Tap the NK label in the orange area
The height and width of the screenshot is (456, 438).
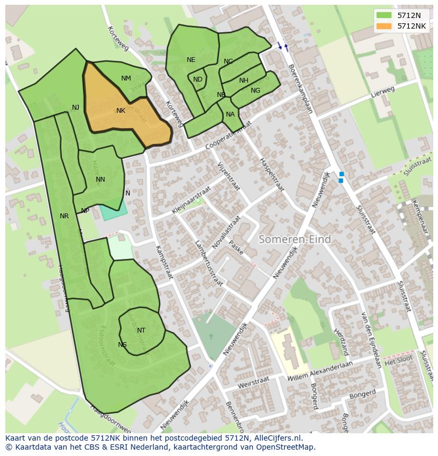coord(121,111)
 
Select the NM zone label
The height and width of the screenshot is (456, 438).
coord(126,78)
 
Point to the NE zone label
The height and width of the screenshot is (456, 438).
coord(191,60)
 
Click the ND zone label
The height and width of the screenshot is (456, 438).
coord(197,79)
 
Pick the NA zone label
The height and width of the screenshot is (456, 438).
coord(230,114)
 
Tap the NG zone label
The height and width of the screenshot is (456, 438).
coord(255,91)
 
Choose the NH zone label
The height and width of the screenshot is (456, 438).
coord(243,81)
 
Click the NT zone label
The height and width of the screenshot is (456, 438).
coord(141,330)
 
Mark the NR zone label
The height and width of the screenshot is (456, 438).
coord(64,216)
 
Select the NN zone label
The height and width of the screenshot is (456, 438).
coord(101,180)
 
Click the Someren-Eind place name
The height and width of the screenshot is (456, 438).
coord(295,239)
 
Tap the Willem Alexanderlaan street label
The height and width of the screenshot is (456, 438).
coord(321,371)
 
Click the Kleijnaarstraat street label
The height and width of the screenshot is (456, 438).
coord(190,200)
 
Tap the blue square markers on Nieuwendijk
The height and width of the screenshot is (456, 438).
coord(341,177)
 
